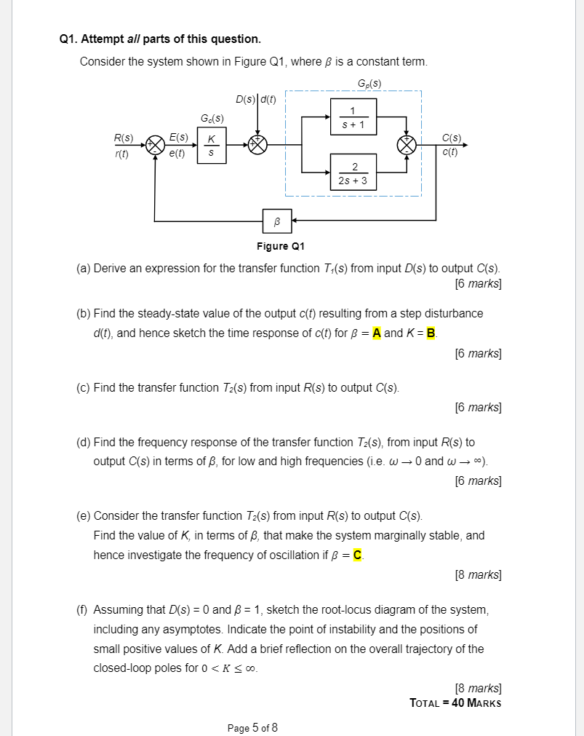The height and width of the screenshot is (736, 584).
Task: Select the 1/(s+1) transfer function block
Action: point(353,117)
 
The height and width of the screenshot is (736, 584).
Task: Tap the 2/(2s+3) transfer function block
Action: point(353,172)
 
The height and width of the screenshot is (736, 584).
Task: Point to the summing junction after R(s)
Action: point(154,145)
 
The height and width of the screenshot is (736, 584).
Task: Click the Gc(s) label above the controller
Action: point(211,118)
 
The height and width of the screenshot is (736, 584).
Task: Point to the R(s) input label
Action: point(123,137)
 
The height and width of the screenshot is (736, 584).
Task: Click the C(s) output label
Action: point(451,137)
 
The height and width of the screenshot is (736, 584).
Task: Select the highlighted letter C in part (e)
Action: point(356,555)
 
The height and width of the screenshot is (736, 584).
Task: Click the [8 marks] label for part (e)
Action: point(477,575)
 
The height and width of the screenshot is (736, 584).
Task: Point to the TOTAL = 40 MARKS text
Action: point(455,703)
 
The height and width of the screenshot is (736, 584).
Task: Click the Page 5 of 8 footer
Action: point(252,727)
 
